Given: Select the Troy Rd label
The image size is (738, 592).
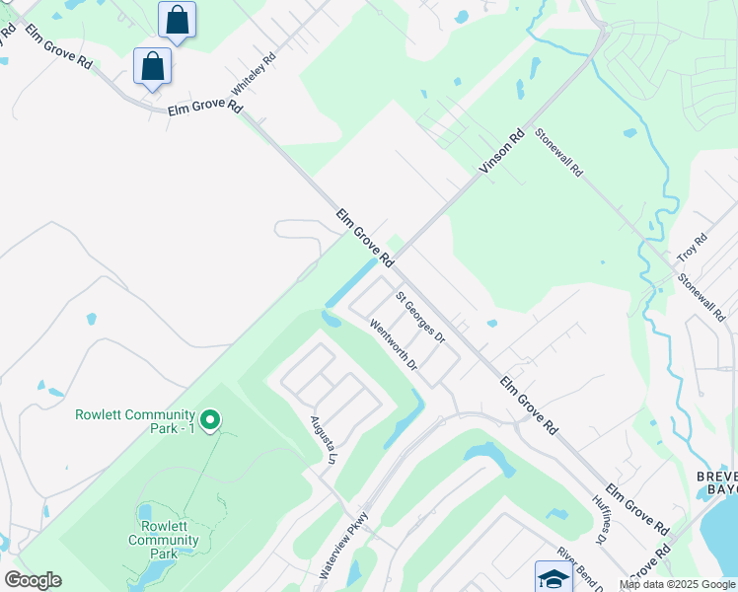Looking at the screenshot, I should pyautogui.click(x=693, y=248).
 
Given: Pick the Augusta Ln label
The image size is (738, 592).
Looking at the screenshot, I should pyautogui.click(x=320, y=438).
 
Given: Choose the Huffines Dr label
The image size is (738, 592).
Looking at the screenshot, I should pyautogui.click(x=597, y=520).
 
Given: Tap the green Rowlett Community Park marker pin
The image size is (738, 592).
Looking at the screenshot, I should pyautogui.click(x=209, y=421).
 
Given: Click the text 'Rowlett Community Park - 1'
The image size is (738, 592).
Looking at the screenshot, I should pyautogui.click(x=134, y=421).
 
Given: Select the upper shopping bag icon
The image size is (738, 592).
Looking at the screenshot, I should pyautogui.click(x=177, y=20).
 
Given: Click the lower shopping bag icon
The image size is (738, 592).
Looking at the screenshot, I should pyautogui.click(x=153, y=66).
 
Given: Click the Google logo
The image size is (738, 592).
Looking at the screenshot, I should pyautogui.click(x=32, y=580).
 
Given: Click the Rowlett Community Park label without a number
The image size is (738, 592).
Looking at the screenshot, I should pyautogui.click(x=164, y=540).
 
